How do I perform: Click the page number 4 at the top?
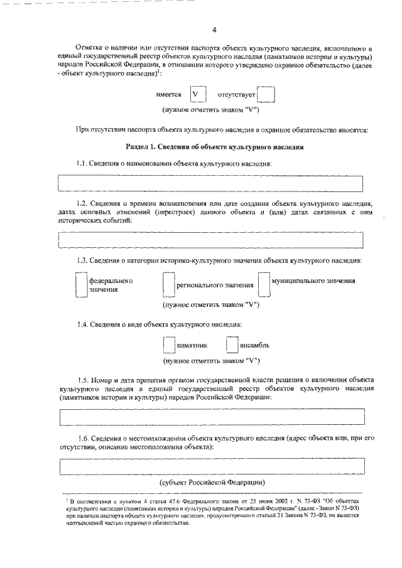(214, 29)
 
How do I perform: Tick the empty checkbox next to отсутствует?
(266, 95)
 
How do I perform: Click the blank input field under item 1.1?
(210, 183)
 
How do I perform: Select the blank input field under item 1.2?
(210, 240)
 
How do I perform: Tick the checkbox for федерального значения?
(80, 285)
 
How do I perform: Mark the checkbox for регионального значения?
(167, 285)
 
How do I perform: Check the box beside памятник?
(168, 346)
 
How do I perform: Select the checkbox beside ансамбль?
(232, 346)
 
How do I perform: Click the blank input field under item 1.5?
(210, 417)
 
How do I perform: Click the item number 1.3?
(82, 260)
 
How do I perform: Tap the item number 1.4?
(82, 324)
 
